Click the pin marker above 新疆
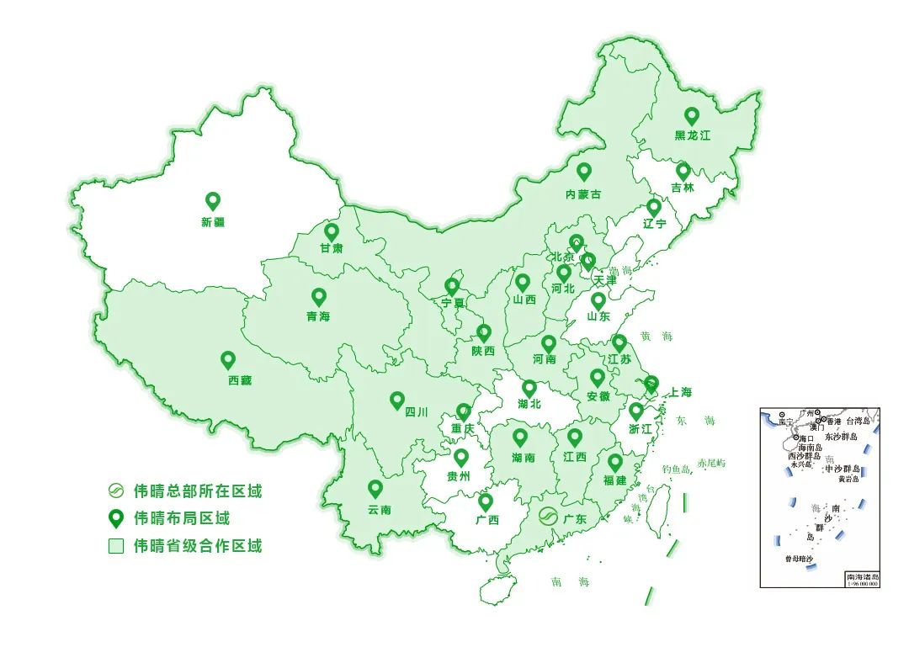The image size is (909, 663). coord(213,201)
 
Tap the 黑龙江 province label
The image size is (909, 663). coord(693,135)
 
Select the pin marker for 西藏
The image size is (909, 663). coord(228,360)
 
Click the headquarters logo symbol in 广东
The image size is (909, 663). coord(549,517)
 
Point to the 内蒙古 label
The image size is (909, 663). coord(583,194)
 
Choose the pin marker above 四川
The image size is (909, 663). coord(397,400)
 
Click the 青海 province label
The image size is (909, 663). coord(318,317)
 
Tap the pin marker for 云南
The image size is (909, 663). coord(375,489)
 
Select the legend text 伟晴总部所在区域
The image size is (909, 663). coord(198,491)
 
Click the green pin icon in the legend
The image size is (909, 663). coord(116,518)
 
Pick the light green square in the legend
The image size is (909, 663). coord(116,546)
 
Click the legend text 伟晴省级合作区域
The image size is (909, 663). coord(198,546)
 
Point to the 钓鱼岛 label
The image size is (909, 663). coord(675,468)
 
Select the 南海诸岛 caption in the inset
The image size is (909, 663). coord(862,577)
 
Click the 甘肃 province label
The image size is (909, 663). coord(331,249)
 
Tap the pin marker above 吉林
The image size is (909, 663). coord(683,172)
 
